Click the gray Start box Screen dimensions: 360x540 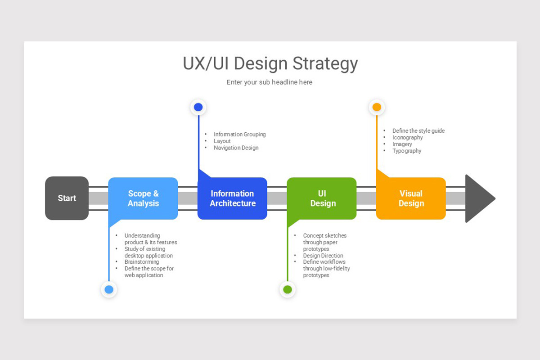click(x=67, y=198)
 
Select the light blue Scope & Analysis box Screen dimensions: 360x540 click(x=143, y=198)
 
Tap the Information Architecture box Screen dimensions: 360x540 click(x=232, y=198)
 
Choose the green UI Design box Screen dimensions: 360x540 click(x=322, y=198)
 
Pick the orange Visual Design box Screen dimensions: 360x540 click(x=411, y=198)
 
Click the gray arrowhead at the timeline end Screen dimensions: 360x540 click(x=478, y=198)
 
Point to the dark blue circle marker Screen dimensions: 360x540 click(x=198, y=107)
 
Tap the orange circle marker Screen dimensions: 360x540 click(x=377, y=107)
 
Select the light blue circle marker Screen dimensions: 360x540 click(x=109, y=289)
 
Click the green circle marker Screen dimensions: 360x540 click(x=288, y=289)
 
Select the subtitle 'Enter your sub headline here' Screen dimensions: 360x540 click(x=269, y=82)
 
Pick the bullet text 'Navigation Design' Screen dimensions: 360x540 click(x=236, y=148)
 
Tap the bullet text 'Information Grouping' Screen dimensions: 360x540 click(x=239, y=134)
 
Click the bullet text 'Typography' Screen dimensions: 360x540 click(x=407, y=151)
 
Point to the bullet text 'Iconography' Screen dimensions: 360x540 click(x=407, y=137)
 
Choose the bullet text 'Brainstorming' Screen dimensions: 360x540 click(x=141, y=262)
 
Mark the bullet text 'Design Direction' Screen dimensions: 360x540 click(x=323, y=256)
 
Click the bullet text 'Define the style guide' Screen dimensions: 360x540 click(x=418, y=130)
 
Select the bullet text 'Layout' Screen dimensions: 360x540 click(x=222, y=141)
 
